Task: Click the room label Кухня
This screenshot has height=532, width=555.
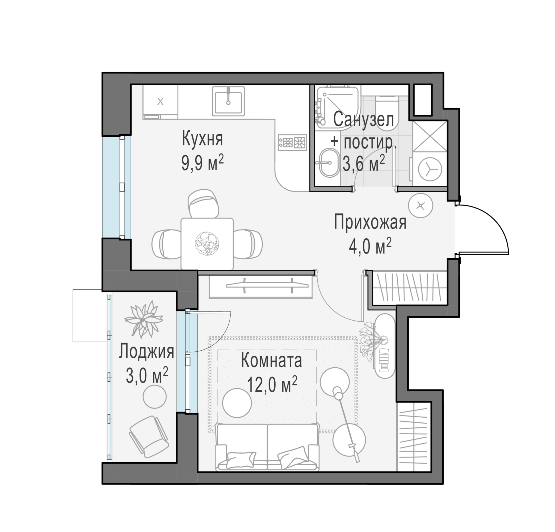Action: point(203,139)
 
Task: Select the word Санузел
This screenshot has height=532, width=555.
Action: point(364,120)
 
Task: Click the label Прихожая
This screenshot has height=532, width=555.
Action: point(370,222)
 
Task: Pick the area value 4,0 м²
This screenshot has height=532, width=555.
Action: point(370,246)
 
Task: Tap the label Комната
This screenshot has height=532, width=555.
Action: point(271,360)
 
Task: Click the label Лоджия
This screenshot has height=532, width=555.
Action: point(146,351)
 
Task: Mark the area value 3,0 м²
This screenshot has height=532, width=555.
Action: point(147,376)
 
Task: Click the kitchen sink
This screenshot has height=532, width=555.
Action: point(228,101)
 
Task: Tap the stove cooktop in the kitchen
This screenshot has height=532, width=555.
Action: point(292,142)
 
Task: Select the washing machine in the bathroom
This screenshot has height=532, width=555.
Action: point(430,169)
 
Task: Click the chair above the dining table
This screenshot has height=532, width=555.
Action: point(203,203)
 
